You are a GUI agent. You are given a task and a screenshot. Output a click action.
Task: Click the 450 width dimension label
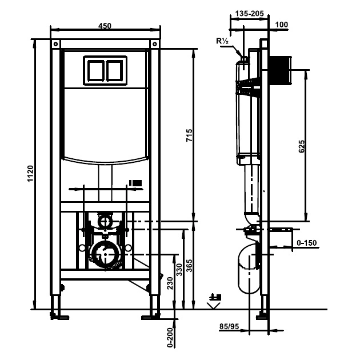click(x=105, y=26)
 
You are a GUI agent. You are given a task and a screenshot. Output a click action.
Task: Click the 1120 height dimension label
click(x=30, y=173)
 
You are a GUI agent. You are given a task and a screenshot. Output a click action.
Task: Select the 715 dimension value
click(x=189, y=135)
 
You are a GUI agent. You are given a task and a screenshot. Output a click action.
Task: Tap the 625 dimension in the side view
click(x=302, y=146)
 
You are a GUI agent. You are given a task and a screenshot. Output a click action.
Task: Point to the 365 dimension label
click(x=189, y=266)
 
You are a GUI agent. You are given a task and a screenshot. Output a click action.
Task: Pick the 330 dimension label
click(x=179, y=270)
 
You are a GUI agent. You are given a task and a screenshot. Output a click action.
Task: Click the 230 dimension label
click(x=170, y=283)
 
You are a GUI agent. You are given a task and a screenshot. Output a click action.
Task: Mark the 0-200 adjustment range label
click(x=170, y=338)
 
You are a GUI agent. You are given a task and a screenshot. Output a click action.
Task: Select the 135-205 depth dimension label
click(x=250, y=14)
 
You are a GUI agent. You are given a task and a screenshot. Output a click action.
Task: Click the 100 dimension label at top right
click(x=282, y=25)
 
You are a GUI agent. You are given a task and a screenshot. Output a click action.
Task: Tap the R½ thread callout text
click(x=222, y=41)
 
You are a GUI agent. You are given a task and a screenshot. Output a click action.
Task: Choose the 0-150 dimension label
click(x=307, y=243)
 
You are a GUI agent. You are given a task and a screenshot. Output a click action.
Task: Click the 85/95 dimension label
click(x=229, y=326)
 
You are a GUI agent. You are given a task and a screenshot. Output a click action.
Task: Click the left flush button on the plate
click(x=95, y=70)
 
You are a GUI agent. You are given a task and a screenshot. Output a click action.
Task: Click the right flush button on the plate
click(x=114, y=70)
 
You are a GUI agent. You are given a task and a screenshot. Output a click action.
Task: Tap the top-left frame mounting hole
click(x=56, y=44)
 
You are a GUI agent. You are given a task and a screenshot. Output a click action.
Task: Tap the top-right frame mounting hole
click(x=155, y=44)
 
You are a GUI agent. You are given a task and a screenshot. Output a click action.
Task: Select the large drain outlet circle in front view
click(x=105, y=254)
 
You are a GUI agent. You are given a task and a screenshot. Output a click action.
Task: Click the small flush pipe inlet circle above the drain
click(x=105, y=222)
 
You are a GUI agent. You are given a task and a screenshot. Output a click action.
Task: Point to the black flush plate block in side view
click(x=279, y=70)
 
